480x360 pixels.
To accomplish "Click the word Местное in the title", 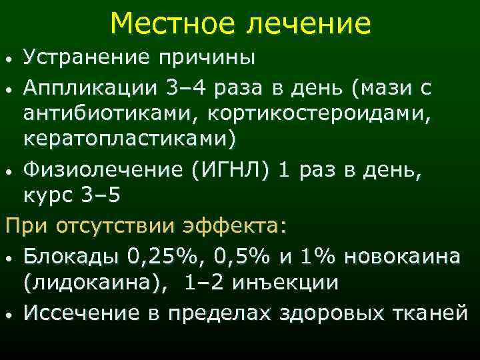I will pyautogui.click(x=174, y=23).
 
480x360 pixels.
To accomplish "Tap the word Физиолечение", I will pyautogui.click(x=102, y=172).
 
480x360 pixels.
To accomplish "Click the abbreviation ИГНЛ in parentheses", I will pyautogui.click(x=229, y=171).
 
